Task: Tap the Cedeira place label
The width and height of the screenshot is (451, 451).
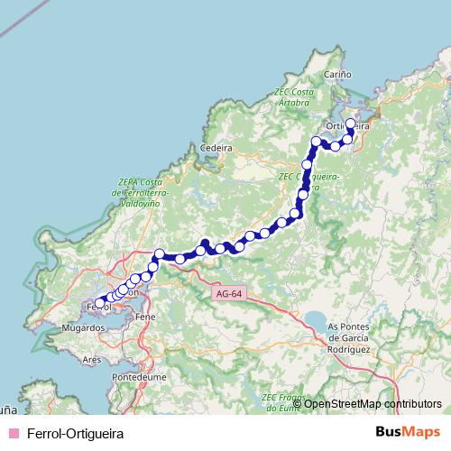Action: [216, 148]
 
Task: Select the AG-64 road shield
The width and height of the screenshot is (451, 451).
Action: [229, 293]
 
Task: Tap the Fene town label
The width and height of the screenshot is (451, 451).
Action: [144, 318]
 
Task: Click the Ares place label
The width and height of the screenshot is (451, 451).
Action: [91, 359]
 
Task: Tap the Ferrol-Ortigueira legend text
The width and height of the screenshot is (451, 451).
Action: [75, 433]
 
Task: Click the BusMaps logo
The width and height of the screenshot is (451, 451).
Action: [408, 432]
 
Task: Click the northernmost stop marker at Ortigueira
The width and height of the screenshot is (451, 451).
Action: [351, 124]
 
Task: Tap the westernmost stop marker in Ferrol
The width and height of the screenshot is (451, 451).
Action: [100, 303]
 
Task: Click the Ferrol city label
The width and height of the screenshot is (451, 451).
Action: [96, 308]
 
